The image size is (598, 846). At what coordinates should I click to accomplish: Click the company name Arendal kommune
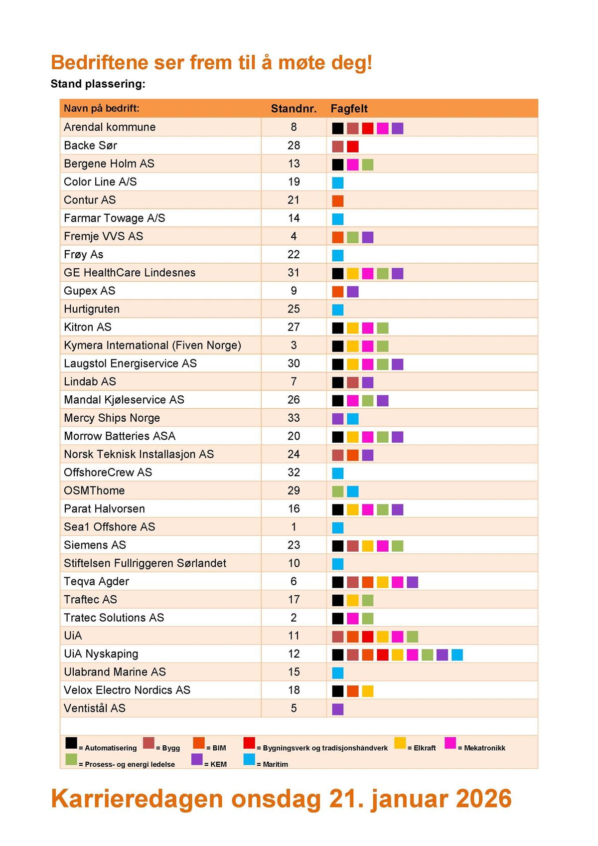coord(110,127)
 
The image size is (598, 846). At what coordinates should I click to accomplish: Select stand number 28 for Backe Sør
coord(294,146)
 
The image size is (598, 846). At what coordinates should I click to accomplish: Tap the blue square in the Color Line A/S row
coord(338,183)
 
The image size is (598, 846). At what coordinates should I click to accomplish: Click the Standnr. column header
coord(294,109)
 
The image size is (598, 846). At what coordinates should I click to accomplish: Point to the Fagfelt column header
coord(349,109)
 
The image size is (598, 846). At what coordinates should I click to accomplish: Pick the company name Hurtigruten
coord(92,309)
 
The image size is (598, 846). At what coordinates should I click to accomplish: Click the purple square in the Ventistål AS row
coord(338,709)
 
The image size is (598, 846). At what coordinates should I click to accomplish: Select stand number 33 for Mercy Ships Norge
coord(294,418)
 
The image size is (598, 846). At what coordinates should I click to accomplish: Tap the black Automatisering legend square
coord(71,743)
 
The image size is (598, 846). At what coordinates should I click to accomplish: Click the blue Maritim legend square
coord(249,760)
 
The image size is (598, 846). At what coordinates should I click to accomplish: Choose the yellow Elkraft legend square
coord(400,743)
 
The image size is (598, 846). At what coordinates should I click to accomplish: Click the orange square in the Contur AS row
coord(338,201)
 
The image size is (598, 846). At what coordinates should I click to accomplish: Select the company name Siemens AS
coord(95,545)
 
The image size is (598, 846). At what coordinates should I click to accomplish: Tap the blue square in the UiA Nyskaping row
coord(457,655)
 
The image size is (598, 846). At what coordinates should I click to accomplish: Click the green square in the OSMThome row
coord(338,492)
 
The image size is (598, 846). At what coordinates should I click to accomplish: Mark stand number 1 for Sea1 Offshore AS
coord(294,527)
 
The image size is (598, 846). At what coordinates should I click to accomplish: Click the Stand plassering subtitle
coord(98,84)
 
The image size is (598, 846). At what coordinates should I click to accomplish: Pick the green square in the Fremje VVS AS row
coord(353,237)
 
